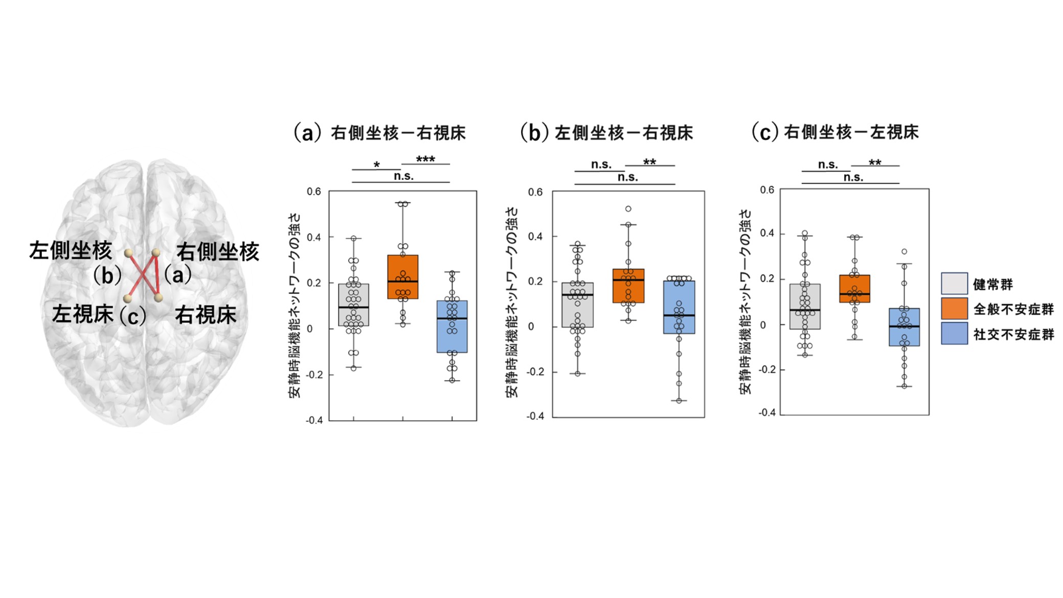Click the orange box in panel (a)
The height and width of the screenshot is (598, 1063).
402,277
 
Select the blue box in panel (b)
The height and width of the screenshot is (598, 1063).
679,307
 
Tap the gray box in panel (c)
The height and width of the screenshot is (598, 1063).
805,306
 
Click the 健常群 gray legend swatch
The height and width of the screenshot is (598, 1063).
954,284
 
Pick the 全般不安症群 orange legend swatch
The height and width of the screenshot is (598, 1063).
954,309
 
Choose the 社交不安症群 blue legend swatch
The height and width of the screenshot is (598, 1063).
954,333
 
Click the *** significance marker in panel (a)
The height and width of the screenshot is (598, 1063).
425,159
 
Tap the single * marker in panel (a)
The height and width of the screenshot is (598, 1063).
377,165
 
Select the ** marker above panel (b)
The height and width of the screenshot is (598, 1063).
649,162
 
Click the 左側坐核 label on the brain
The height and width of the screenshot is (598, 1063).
71,250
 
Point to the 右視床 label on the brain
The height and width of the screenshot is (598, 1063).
206,315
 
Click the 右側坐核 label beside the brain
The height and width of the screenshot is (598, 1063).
218,251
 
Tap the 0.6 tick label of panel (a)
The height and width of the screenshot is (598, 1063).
314,192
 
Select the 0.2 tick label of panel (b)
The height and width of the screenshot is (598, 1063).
535,282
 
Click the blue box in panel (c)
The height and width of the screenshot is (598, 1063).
904,327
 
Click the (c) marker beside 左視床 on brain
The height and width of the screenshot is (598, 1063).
132,316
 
